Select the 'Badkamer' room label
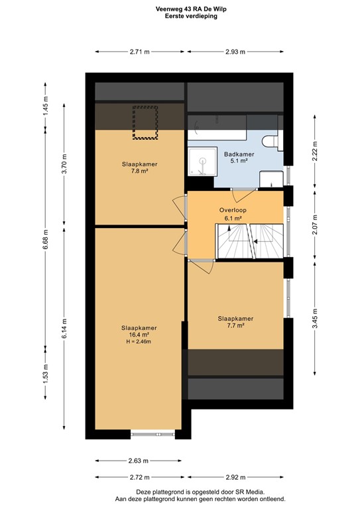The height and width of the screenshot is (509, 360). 238,153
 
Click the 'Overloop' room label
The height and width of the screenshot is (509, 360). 233,209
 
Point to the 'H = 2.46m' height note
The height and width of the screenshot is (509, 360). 139,341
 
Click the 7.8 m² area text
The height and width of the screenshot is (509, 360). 139,171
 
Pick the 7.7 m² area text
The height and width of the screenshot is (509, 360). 235,325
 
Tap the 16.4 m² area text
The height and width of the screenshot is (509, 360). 139,335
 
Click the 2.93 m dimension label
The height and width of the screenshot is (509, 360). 235,51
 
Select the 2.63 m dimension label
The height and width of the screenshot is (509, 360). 138,461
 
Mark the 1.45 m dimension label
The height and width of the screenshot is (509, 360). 46,106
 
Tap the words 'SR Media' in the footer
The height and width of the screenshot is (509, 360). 251,492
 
